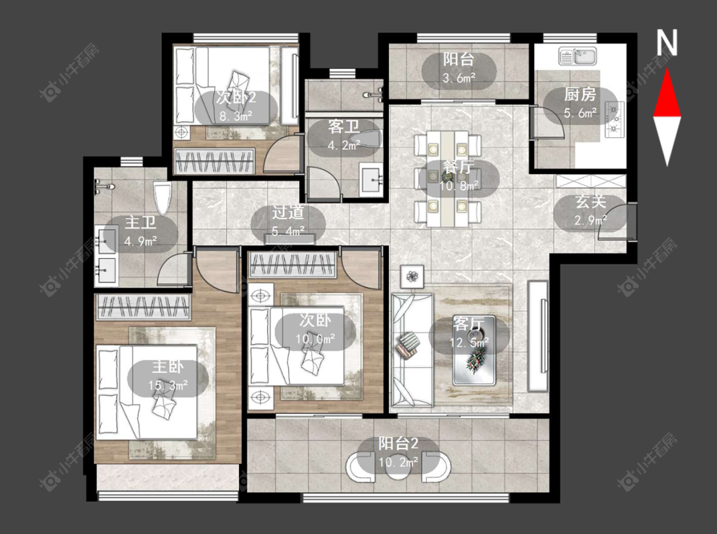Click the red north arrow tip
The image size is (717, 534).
click(x=667, y=68)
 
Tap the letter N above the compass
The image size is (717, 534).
click(x=667, y=43)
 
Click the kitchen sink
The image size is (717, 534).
click(x=577, y=56)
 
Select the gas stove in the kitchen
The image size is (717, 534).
click(x=614, y=119)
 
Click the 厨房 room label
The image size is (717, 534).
click(x=580, y=94)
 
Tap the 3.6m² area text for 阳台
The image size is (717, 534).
click(x=459, y=78)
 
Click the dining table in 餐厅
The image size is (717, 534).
click(x=447, y=179)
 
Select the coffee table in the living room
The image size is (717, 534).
click(x=474, y=350)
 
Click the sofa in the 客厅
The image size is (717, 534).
click(x=412, y=350)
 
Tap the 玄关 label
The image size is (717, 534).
click(x=590, y=202)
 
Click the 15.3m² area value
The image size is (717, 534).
click(x=168, y=385)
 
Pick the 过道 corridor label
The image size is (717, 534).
click(x=288, y=213)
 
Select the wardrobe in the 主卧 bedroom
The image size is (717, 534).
click(x=144, y=307)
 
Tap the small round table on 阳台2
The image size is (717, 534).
click(x=398, y=467)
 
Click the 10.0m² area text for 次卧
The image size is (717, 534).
click(x=315, y=339)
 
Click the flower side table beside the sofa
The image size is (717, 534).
click(x=412, y=276)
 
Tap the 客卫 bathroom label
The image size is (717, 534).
click(x=344, y=127)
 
